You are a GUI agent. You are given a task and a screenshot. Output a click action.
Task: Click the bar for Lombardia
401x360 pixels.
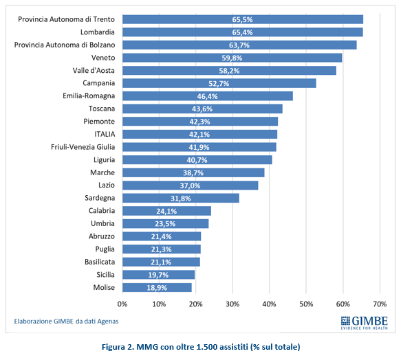242,32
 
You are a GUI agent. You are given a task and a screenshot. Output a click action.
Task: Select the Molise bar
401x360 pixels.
157,287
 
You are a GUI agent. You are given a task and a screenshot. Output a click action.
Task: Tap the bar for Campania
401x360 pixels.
219,83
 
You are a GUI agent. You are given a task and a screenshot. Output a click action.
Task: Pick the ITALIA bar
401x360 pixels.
199,134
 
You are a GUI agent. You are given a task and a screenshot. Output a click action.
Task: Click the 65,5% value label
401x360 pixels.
242,20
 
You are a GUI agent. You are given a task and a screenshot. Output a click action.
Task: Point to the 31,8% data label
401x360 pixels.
180,199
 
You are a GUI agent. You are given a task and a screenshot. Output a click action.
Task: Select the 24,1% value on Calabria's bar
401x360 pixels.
166,212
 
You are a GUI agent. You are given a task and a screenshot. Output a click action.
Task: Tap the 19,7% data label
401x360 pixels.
158,275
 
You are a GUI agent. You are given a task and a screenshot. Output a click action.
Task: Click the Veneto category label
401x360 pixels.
103,58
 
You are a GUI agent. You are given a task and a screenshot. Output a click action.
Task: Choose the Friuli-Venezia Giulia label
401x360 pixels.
83,147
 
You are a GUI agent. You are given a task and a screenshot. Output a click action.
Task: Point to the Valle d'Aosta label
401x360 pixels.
94,70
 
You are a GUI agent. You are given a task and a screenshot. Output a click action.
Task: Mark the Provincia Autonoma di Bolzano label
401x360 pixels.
65,45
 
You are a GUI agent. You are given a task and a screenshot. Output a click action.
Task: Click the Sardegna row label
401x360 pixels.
100,198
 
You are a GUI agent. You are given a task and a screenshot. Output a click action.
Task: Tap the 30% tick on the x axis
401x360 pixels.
232,304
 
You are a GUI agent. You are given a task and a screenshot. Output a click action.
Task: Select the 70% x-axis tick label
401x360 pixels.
380,304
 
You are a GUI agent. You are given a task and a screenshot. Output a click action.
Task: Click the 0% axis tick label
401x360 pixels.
122,304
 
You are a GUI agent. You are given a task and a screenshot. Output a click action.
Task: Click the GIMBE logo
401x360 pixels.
364,323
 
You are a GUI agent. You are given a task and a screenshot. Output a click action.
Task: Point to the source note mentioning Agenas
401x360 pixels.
66,321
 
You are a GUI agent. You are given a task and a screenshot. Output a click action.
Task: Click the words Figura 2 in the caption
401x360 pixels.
117,347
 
